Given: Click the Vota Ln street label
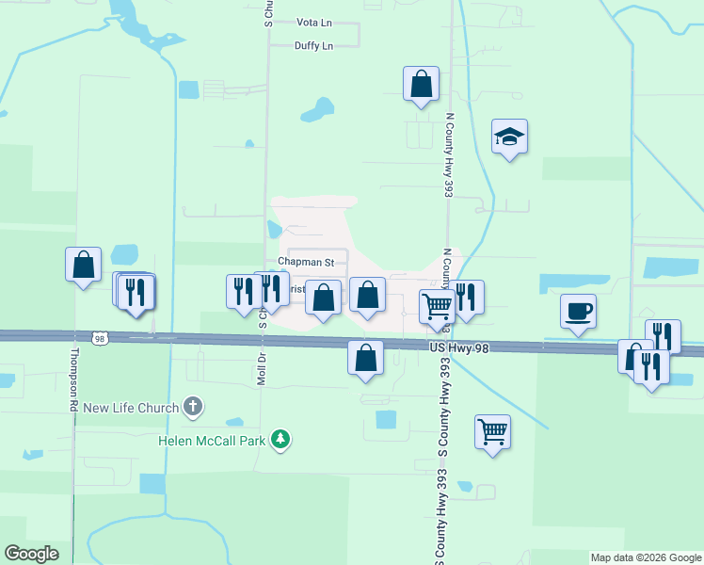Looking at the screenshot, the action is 313,22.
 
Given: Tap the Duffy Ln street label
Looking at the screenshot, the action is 313,45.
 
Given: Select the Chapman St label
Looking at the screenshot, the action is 306,262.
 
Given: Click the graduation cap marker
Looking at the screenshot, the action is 509,137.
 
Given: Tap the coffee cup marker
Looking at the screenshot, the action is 578,310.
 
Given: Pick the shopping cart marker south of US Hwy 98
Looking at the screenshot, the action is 492,432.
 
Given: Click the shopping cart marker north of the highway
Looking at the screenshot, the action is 437,306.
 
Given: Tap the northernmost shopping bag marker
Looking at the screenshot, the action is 421,83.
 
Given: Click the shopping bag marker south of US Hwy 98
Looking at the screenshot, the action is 365,358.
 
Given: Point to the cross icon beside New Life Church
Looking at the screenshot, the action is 193,407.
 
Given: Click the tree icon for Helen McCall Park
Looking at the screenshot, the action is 280,439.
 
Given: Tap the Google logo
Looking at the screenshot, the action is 31,554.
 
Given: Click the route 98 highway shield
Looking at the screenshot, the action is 99,337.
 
